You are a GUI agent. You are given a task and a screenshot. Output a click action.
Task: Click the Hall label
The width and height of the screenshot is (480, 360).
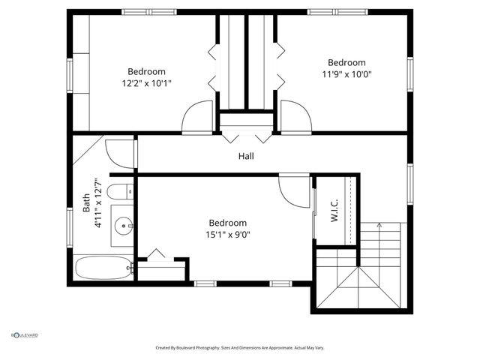[246, 156]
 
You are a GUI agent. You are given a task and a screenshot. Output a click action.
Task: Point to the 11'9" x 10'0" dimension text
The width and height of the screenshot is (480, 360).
[346, 74]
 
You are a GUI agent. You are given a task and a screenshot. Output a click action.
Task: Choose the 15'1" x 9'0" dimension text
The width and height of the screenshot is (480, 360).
[228, 234]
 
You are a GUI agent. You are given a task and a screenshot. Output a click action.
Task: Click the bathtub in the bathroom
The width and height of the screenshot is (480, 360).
[103, 267]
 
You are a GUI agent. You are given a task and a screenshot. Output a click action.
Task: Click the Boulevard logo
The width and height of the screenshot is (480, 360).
[24, 335]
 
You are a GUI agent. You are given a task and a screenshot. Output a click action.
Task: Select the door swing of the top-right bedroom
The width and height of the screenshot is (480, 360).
[295, 118]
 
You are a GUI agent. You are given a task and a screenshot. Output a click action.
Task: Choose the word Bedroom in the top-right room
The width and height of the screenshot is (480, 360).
[346, 63]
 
